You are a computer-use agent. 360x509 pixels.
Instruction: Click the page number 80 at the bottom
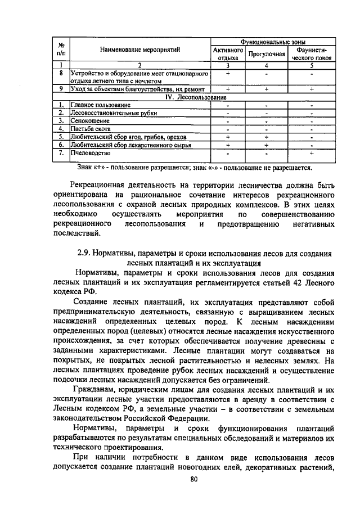(x=195, y=479)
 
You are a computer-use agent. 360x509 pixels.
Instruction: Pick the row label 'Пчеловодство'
(x=90, y=152)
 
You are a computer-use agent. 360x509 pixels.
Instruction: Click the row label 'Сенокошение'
(x=89, y=121)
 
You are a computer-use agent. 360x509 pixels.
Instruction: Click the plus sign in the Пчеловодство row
(x=311, y=152)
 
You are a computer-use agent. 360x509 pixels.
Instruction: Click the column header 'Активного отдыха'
(x=228, y=54)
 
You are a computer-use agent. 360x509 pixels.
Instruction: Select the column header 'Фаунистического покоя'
(x=311, y=54)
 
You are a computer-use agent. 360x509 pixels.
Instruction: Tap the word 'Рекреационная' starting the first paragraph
(x=105, y=184)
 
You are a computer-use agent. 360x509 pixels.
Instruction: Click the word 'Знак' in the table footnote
(x=85, y=167)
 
